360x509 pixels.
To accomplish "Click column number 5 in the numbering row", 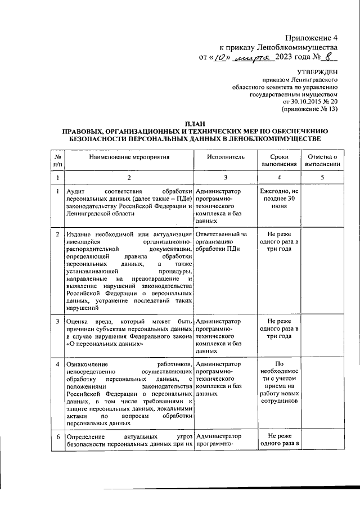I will (x=322, y=178).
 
